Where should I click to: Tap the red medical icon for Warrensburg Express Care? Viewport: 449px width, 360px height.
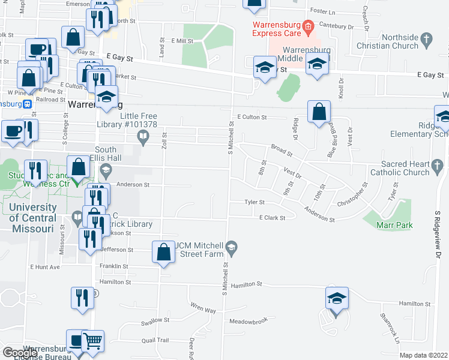(308, 25)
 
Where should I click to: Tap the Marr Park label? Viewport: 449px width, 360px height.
(394, 225)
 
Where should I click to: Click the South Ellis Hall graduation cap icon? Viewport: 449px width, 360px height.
(106, 170)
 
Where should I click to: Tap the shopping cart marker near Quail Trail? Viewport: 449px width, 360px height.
(92, 341)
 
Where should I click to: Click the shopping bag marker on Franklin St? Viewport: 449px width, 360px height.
(164, 252)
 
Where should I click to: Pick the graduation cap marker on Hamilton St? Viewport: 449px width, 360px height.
(337, 298)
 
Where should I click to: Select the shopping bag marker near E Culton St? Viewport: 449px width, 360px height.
(319, 112)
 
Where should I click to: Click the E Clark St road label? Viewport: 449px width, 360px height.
(272, 218)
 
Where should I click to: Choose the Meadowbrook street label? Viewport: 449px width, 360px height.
(249, 322)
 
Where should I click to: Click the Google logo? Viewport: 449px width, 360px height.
(21, 353)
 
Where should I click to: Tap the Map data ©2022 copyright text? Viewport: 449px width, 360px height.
(423, 355)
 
